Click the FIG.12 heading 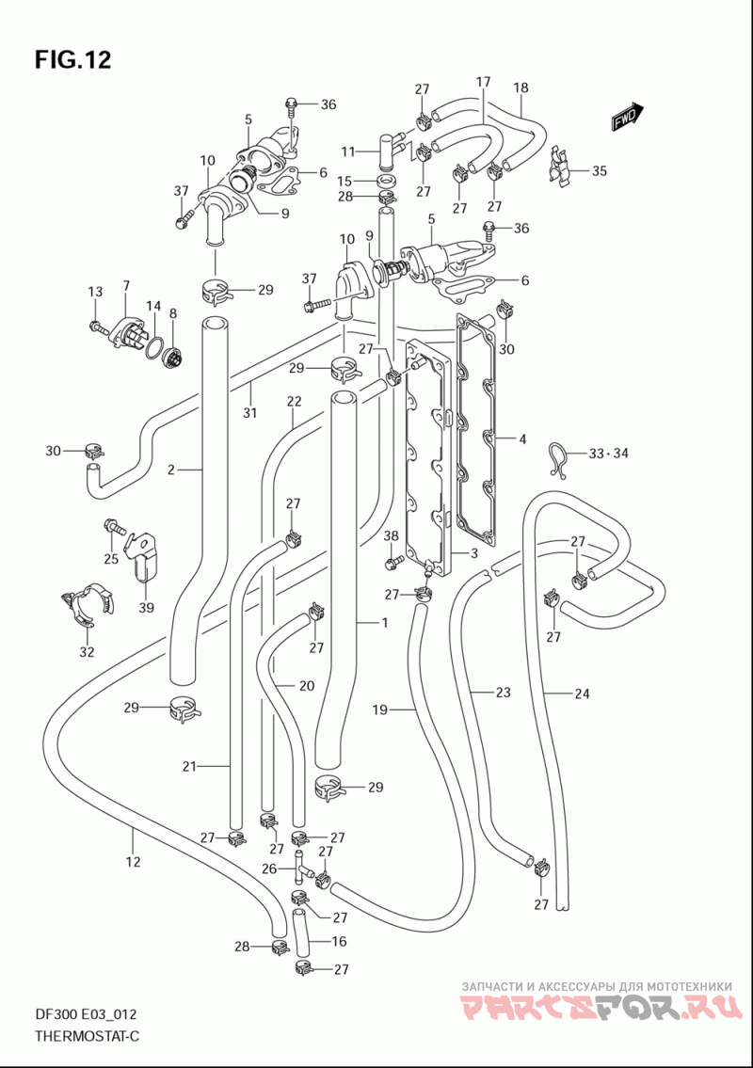click(x=72, y=60)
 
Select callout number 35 click(x=599, y=171)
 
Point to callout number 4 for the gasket click(x=522, y=439)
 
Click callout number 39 click(x=147, y=608)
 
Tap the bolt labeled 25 click(x=115, y=527)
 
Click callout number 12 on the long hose click(x=133, y=862)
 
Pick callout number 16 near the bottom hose click(x=339, y=941)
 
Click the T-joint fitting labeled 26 click(x=302, y=864)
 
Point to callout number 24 click(x=582, y=694)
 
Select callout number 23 click(x=503, y=693)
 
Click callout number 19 click(x=379, y=709)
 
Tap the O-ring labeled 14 click(x=154, y=346)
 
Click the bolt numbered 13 click(x=101, y=327)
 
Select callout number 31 click(x=250, y=412)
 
